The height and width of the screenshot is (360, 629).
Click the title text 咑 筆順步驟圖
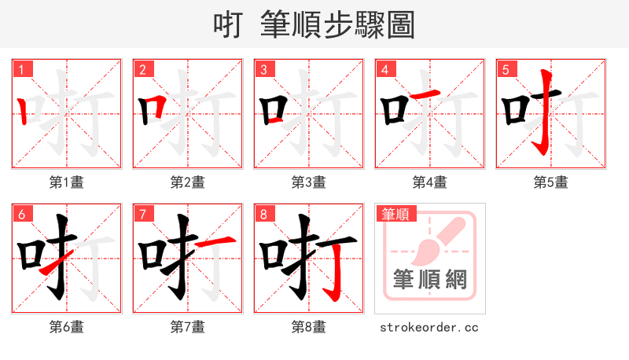point(314,24)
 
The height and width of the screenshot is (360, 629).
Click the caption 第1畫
point(67,182)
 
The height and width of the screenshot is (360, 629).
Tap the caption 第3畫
point(309,182)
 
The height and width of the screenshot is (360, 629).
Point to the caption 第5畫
point(551,182)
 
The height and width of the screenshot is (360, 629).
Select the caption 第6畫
point(67,327)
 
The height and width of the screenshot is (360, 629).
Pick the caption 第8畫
point(309,327)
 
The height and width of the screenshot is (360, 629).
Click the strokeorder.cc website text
point(429,327)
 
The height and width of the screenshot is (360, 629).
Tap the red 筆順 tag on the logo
point(395,213)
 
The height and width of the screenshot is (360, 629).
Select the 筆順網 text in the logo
point(430,280)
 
